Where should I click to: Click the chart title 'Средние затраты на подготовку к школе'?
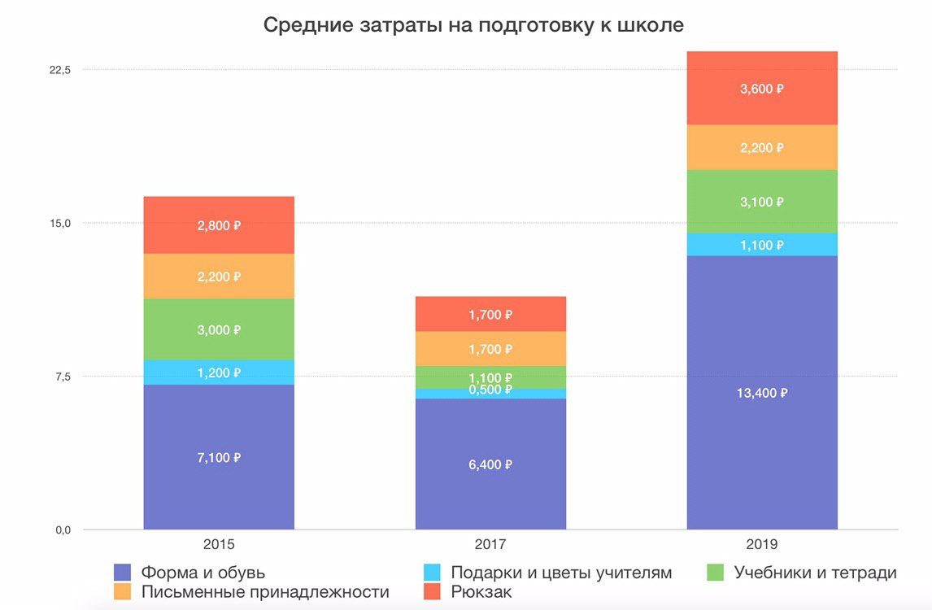[x=473, y=25]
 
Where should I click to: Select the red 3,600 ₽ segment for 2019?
[x=761, y=88]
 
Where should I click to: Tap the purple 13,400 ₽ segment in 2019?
[x=761, y=392]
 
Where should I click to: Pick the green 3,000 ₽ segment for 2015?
[x=218, y=329]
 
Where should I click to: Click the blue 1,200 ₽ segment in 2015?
[x=218, y=373]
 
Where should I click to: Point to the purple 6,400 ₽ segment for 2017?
[x=490, y=464]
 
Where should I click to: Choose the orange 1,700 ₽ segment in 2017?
[x=490, y=349]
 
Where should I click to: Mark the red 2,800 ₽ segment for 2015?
[x=218, y=225]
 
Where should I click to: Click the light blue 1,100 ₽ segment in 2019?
[x=761, y=245]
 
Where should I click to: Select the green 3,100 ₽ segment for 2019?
[x=761, y=202]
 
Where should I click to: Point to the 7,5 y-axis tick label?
[x=63, y=377]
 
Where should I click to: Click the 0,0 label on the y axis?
[x=63, y=530]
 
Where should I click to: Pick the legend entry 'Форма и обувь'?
[x=203, y=573]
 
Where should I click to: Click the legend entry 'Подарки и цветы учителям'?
[x=561, y=573]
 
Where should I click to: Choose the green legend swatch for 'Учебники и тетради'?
[x=715, y=573]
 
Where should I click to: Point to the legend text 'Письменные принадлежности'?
[x=265, y=592]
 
